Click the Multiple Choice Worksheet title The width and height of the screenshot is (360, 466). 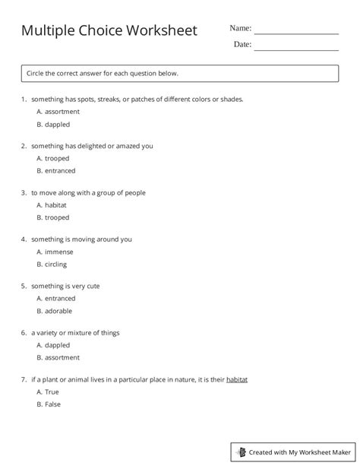pos(109,31)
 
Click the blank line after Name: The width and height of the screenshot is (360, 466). pos(296,33)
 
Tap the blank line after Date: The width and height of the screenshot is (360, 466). pos(296,49)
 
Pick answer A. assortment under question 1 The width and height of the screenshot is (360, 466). pos(58,111)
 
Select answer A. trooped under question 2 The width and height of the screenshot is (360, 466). pos(52,158)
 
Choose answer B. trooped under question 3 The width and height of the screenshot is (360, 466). pos(52,217)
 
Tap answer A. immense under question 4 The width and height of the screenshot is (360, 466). pos(54,252)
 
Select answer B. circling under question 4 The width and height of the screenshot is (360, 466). pos(52,265)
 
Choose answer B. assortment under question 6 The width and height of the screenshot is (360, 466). pos(58,357)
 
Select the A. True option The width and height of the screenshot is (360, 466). pos(48,392)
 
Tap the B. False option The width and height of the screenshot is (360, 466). pos(49,404)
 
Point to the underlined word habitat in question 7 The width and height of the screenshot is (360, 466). pos(237,379)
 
